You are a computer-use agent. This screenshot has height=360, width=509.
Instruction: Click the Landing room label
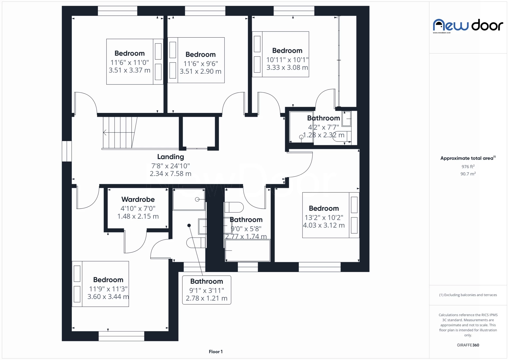(x=170, y=157)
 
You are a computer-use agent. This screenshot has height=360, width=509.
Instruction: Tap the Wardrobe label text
(x=138, y=199)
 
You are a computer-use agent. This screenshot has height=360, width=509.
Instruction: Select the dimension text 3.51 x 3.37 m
(x=129, y=70)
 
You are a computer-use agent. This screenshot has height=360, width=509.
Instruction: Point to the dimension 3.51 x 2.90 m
(x=200, y=71)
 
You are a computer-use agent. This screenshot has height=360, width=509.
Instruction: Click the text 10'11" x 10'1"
(x=287, y=60)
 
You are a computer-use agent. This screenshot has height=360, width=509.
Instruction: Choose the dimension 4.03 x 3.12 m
(x=324, y=225)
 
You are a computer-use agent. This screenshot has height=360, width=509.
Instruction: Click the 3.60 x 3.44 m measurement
(x=108, y=297)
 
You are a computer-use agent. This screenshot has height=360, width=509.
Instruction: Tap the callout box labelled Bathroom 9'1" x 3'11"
(x=207, y=290)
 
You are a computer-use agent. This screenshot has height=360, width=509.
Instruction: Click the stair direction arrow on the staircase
(x=105, y=132)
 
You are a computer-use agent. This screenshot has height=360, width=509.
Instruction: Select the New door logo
(x=468, y=26)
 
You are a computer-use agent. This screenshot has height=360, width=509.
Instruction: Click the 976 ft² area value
(x=468, y=166)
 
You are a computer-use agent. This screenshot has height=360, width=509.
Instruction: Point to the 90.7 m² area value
(x=468, y=174)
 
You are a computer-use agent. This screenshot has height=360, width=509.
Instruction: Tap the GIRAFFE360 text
(x=468, y=345)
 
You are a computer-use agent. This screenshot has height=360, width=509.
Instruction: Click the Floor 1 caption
(x=216, y=352)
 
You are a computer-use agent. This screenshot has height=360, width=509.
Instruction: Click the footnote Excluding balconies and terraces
(x=468, y=295)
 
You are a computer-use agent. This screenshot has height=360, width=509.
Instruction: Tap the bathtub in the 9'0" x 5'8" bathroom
(x=248, y=251)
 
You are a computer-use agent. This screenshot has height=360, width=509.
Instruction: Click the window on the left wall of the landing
(x=67, y=151)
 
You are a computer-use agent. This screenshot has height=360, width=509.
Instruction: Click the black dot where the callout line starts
(x=189, y=225)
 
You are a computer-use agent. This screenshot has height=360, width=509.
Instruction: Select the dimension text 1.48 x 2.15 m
(x=138, y=216)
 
